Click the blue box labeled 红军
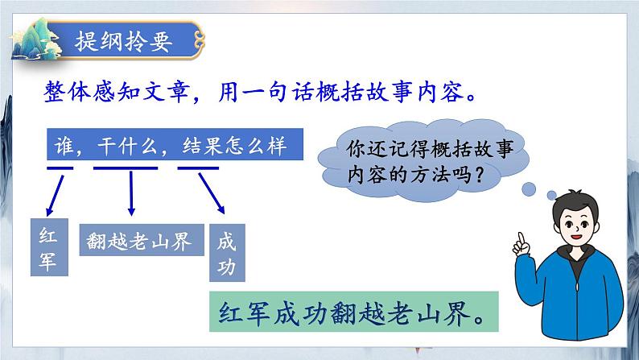click(47, 249)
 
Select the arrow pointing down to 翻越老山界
click(130, 193)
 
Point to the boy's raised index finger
click(521, 240)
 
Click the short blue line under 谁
click(60, 168)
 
